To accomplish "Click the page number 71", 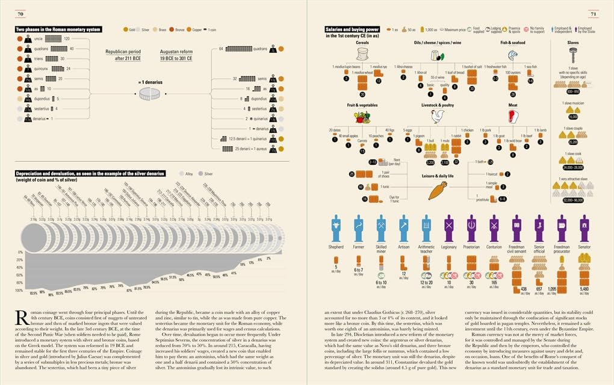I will (593, 14).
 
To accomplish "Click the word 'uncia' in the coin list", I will (47, 38).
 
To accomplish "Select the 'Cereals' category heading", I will (362, 43).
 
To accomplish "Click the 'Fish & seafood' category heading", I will (513, 43).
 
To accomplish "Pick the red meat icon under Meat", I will (513, 115).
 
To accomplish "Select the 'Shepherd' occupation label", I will (336, 247).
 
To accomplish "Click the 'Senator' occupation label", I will (583, 247).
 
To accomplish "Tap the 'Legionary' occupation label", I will (448, 247).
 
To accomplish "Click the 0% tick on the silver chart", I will (19, 252).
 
